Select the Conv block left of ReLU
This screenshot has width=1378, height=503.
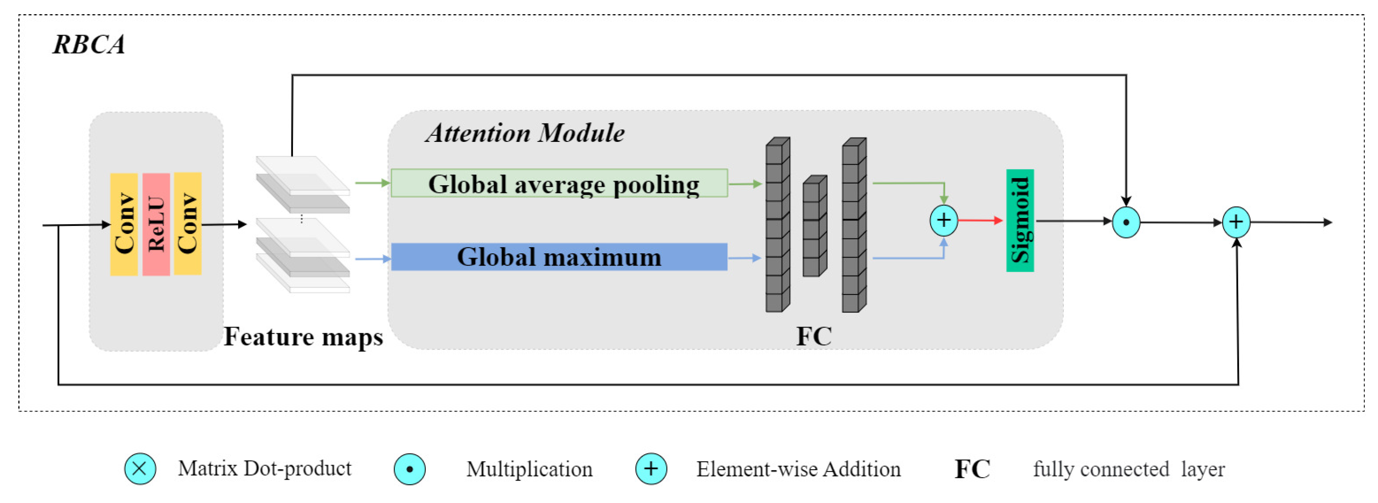(124, 224)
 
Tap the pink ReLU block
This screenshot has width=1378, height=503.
(156, 224)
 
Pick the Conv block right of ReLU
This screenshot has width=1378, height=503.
(188, 223)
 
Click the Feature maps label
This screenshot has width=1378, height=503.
(303, 337)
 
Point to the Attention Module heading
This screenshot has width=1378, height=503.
(525, 133)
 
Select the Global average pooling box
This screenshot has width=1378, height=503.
(559, 183)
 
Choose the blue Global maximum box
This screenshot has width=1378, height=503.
(559, 257)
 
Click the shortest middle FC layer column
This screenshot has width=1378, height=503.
(814, 226)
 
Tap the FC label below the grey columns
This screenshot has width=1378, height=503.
(814, 337)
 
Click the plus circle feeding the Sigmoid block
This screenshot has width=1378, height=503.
(943, 220)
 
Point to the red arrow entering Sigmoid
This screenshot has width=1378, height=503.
(980, 220)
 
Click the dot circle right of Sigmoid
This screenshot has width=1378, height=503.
(1126, 222)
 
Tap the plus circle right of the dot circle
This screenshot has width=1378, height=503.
(1236, 222)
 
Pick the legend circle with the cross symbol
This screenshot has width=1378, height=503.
(140, 469)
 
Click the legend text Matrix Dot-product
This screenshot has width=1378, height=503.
(264, 469)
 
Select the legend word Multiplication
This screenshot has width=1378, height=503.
(529, 469)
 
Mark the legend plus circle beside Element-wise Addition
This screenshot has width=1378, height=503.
(651, 469)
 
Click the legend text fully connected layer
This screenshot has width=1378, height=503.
(1129, 469)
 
